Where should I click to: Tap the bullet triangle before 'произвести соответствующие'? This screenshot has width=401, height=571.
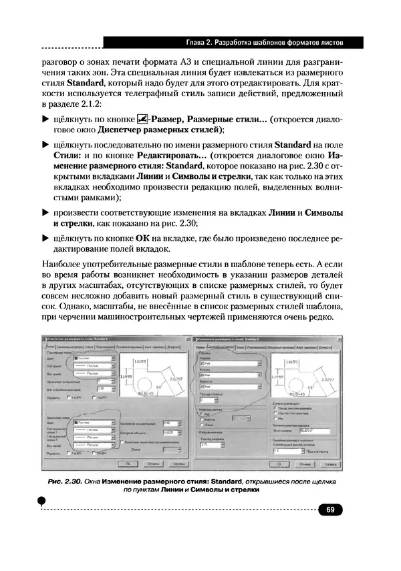point(45,212)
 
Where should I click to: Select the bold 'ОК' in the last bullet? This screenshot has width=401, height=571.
point(142,238)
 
